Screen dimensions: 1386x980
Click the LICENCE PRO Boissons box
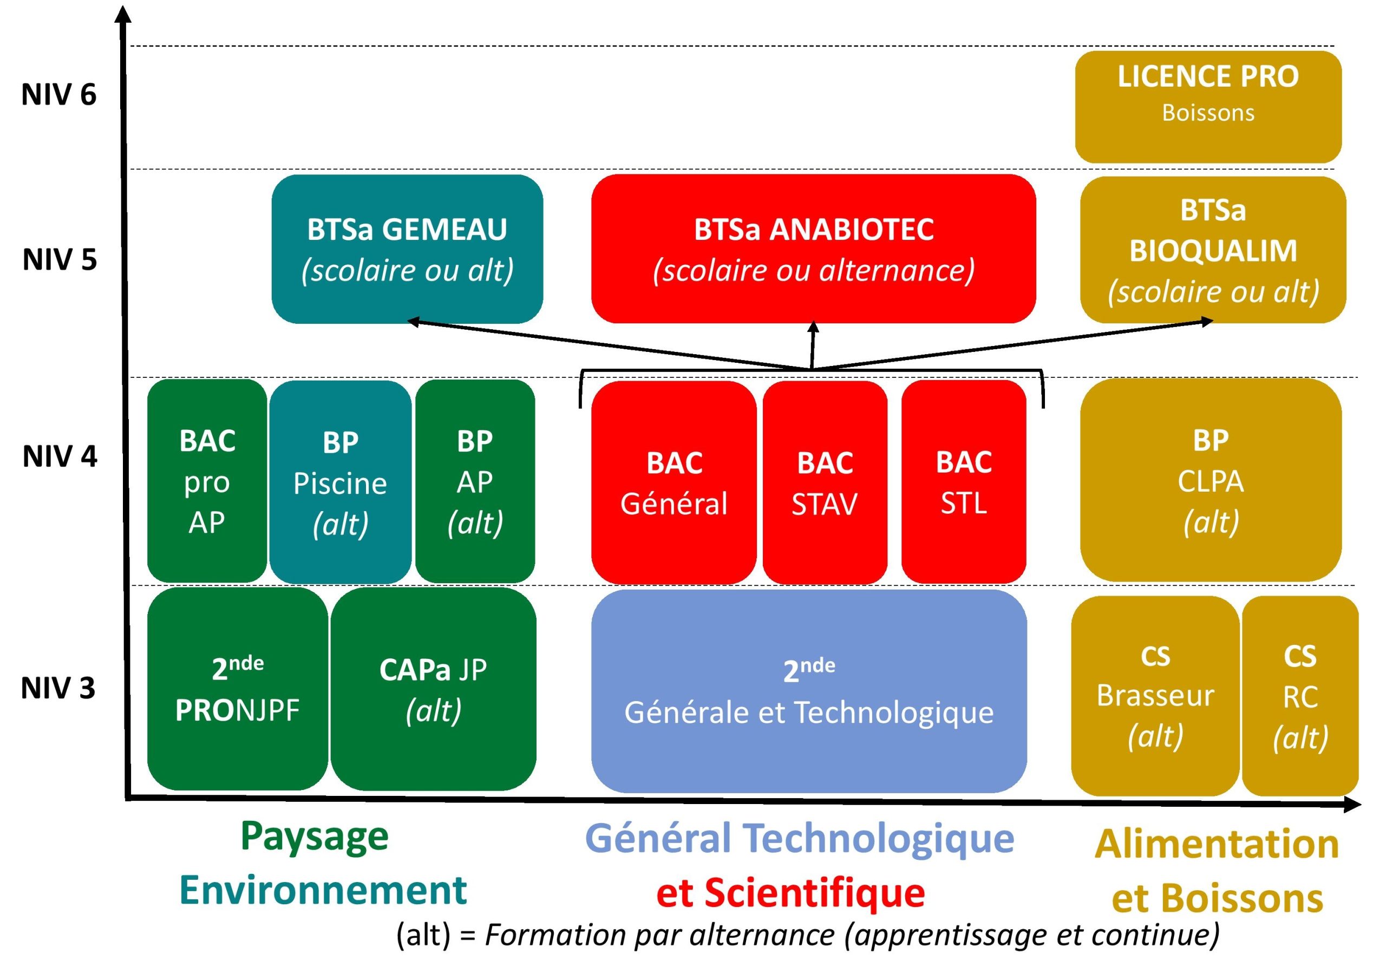click(1208, 107)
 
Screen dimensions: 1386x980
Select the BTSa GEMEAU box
click(408, 249)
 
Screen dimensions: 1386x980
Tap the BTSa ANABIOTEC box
click(814, 249)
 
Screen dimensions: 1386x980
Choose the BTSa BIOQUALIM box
click(1213, 250)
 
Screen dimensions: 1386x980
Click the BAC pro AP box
click(207, 481)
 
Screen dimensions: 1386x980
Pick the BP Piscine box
click(341, 482)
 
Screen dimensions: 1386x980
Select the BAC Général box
click(674, 482)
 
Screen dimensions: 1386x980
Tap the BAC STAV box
click(825, 482)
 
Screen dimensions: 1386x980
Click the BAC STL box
click(964, 482)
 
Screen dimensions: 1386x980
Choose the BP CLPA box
click(1211, 480)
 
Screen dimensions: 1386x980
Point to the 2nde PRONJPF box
click(238, 688)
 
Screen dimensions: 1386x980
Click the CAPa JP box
click(434, 688)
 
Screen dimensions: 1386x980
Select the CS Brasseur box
click(1155, 696)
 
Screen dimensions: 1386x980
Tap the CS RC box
click(1300, 696)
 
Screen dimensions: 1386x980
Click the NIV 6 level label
click(59, 95)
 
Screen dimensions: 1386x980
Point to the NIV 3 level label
click(58, 688)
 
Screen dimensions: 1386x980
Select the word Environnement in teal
click(324, 890)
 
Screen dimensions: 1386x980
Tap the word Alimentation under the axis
click(1217, 844)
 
